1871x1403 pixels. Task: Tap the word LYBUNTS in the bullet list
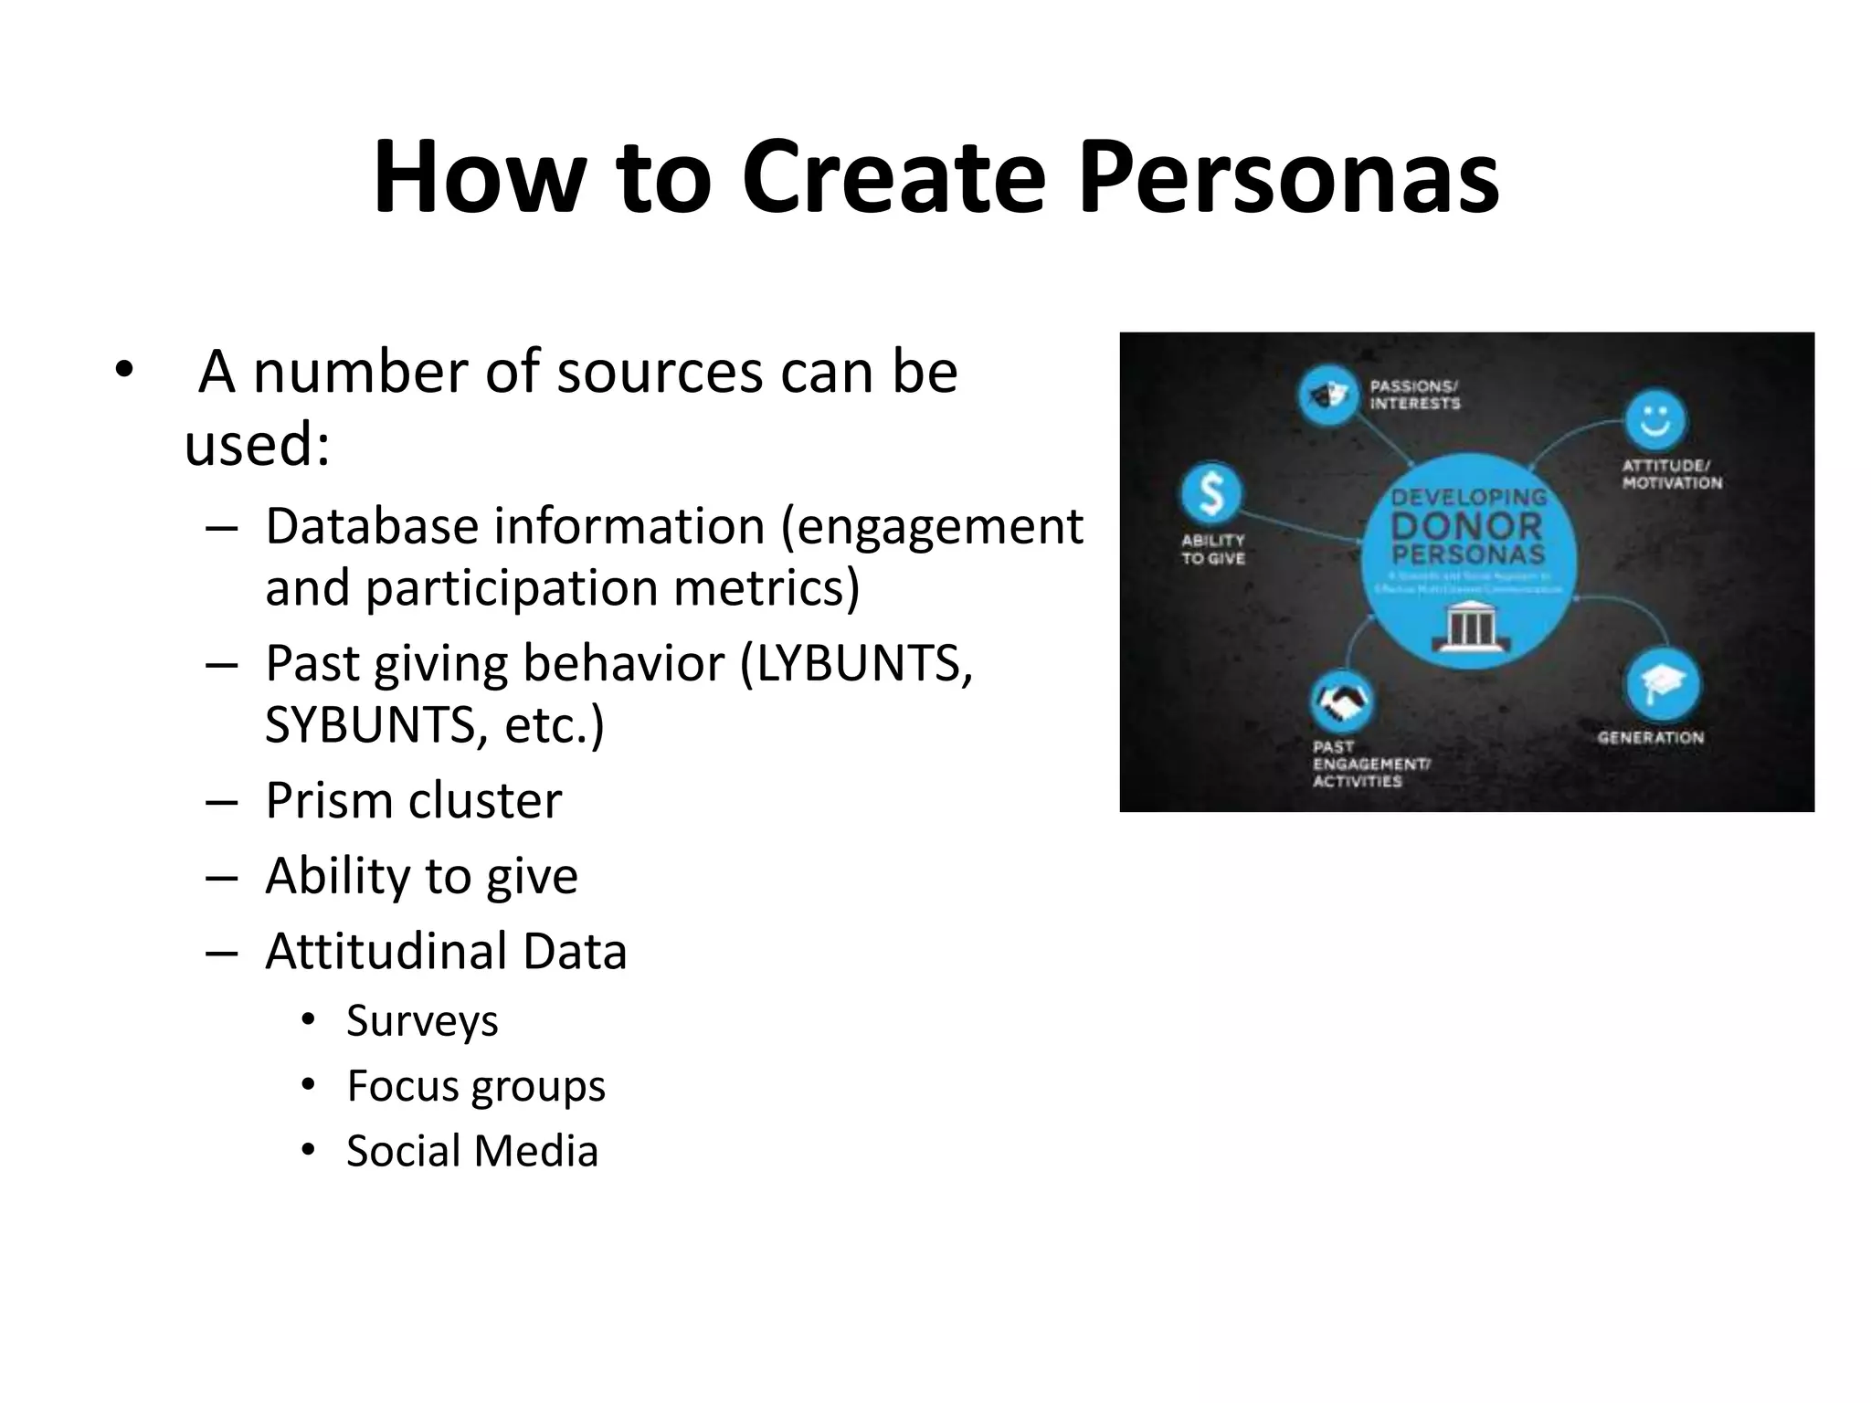point(857,663)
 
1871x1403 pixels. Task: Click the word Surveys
point(422,1021)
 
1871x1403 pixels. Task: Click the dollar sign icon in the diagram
point(1210,493)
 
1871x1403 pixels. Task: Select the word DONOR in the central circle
point(1467,526)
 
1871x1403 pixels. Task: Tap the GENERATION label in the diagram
point(1650,737)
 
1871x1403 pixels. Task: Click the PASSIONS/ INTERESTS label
point(1414,395)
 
